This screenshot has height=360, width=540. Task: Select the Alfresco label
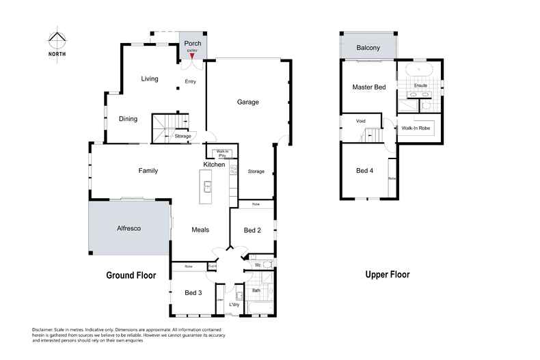click(x=128, y=228)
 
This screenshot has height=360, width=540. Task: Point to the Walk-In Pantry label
click(x=221, y=154)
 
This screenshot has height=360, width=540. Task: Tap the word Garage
click(x=247, y=102)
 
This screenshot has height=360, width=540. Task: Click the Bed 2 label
click(x=252, y=230)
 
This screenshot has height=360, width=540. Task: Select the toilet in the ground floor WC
click(x=267, y=264)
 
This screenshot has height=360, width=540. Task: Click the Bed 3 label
click(x=193, y=293)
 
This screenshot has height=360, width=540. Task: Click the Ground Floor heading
click(x=131, y=276)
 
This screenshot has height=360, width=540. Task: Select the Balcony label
click(x=368, y=48)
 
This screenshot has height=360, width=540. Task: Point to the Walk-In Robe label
click(x=415, y=128)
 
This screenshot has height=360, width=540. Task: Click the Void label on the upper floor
click(x=360, y=122)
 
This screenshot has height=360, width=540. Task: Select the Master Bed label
click(x=369, y=87)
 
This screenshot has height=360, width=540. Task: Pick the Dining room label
click(x=128, y=119)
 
